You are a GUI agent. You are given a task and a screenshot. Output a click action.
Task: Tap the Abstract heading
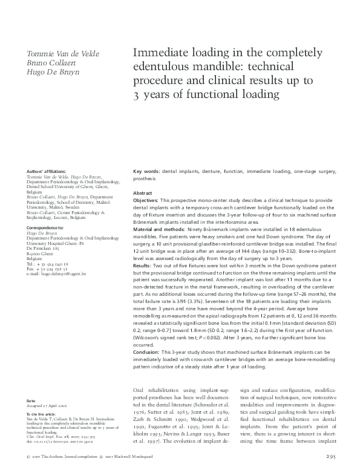(143, 192)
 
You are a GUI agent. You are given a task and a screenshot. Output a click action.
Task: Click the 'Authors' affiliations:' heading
(46, 172)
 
